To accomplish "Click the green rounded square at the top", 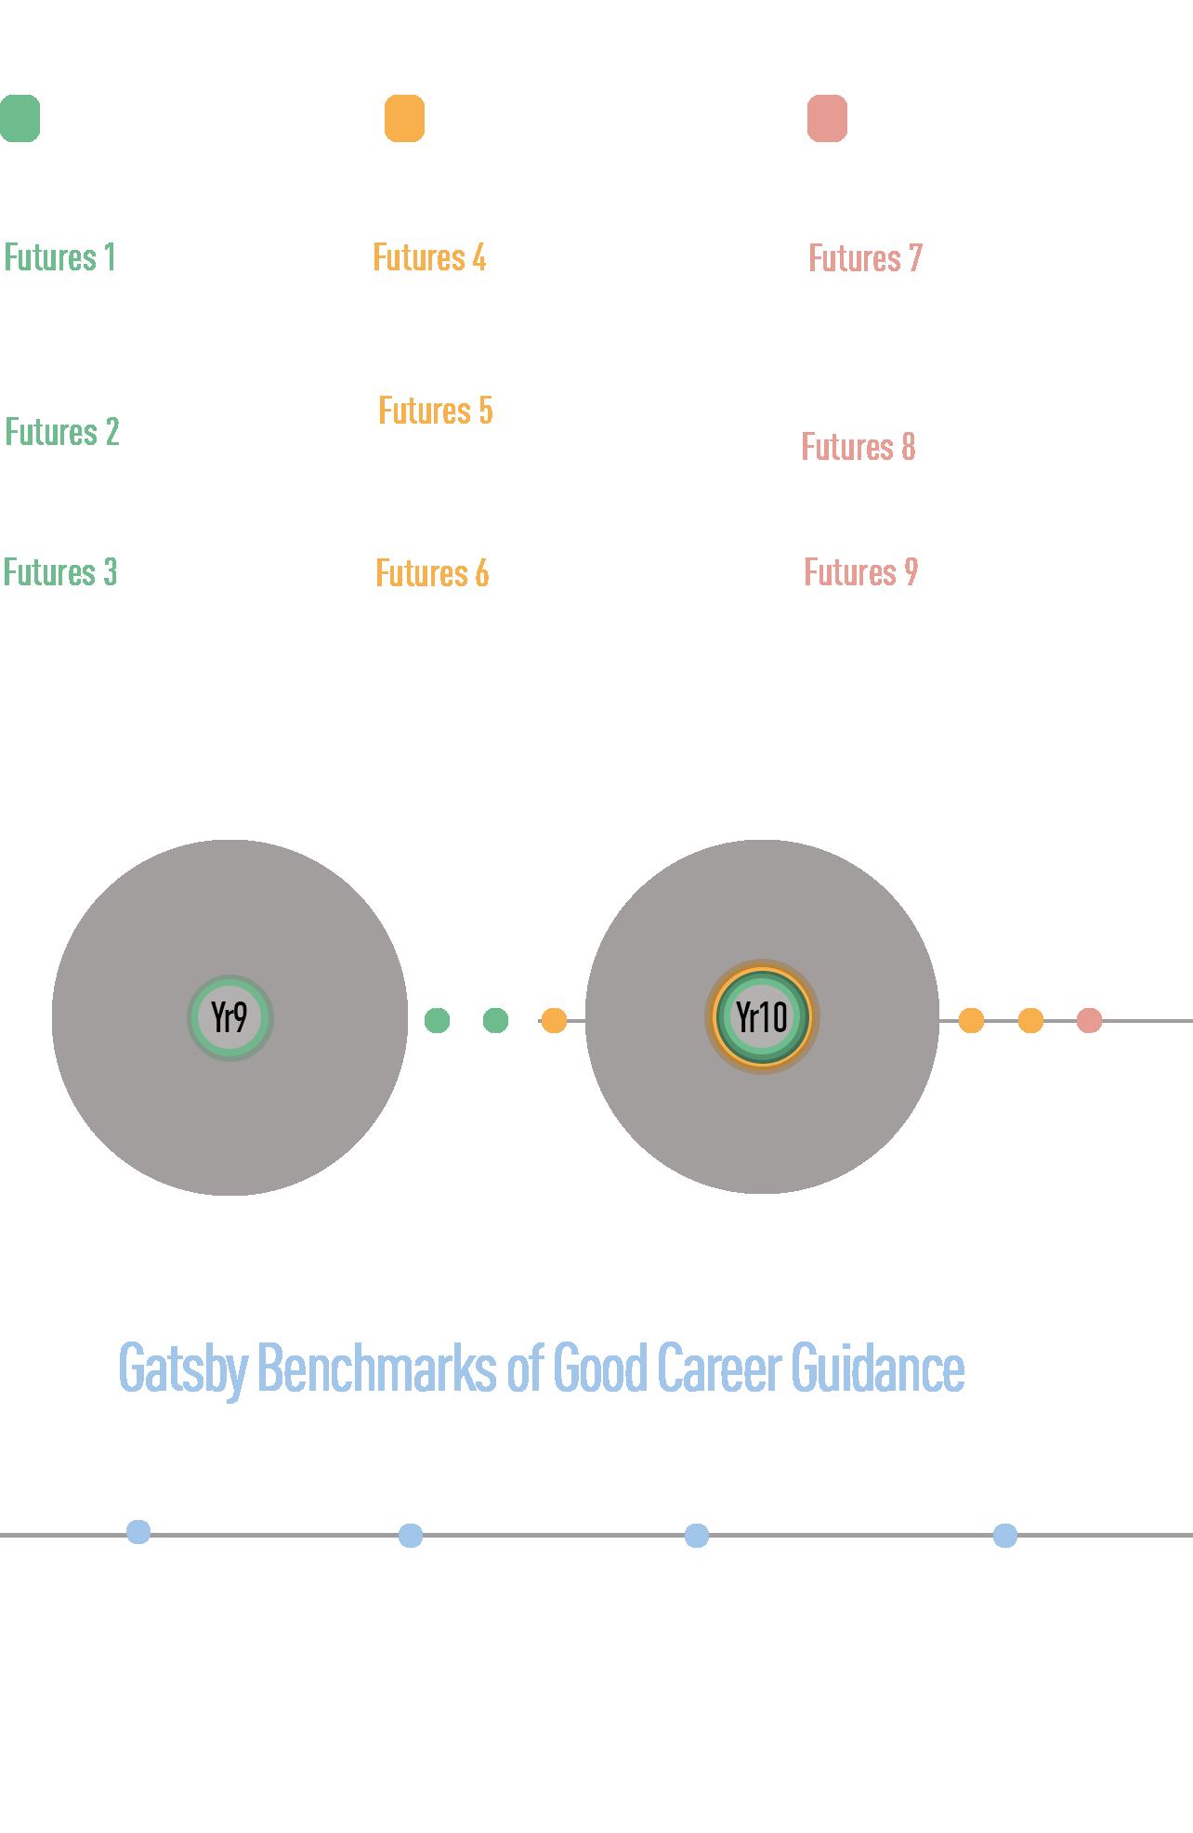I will point(20,119).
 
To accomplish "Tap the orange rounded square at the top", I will point(404,119).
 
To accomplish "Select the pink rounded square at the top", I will point(827,119).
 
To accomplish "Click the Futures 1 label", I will point(60,257).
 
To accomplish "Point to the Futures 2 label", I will point(62,432).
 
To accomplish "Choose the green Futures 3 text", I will point(60,572).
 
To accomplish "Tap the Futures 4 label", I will point(429,257).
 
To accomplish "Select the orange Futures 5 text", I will point(436,411).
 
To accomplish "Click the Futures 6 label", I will point(432,573).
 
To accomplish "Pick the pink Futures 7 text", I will point(865,258).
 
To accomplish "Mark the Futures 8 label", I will point(859,447).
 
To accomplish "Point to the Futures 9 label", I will point(860,572).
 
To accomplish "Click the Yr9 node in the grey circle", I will point(229,1017).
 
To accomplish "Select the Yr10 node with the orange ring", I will point(762,1017).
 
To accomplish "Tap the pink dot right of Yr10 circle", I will point(1089,1021).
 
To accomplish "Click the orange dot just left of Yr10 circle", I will point(554,1020).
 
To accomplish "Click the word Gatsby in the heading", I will point(183,1368).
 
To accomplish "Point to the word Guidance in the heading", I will point(878,1368).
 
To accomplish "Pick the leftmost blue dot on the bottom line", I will point(138,1532).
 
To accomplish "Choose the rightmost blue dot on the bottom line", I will point(1004,1536).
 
